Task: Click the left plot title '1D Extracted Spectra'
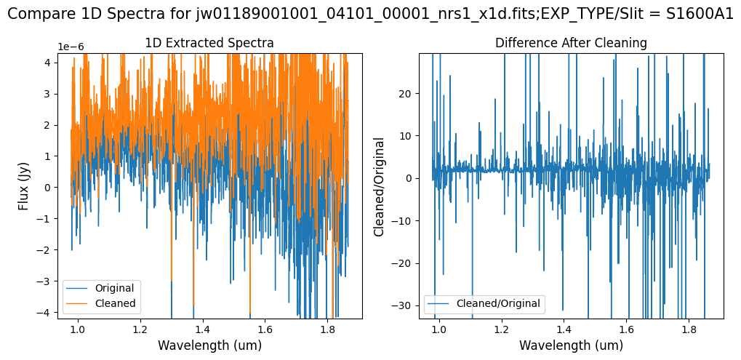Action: [x=209, y=43]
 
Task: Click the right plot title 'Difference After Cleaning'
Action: [x=571, y=43]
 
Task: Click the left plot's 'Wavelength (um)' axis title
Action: [x=209, y=345]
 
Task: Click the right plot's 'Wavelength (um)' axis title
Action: [x=571, y=345]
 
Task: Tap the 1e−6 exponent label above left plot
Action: [x=71, y=47]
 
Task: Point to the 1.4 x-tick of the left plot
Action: [x=202, y=329]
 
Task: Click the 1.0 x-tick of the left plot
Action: [x=77, y=329]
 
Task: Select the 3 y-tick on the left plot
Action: [x=48, y=94]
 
